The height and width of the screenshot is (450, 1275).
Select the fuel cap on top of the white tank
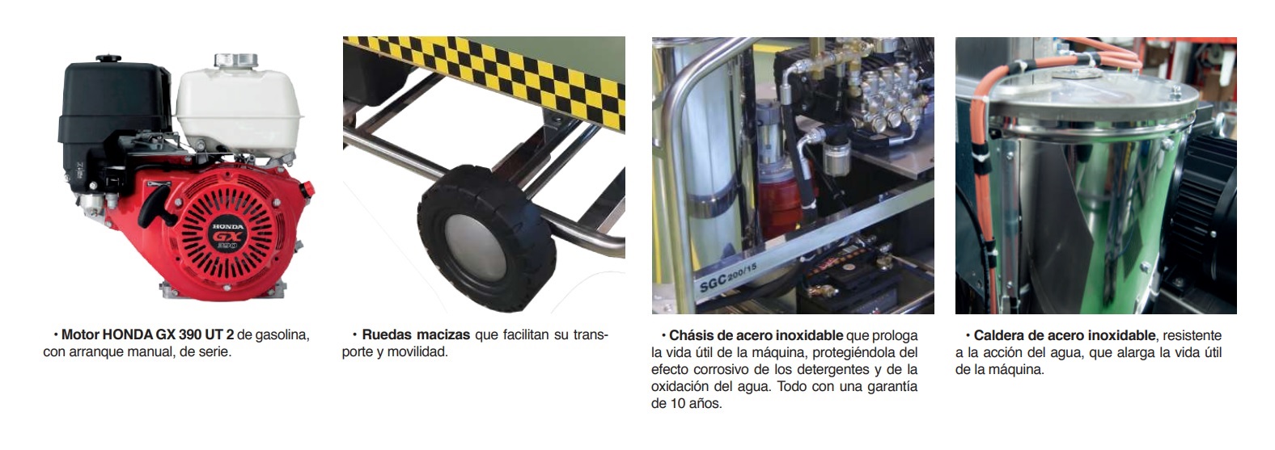(235, 61)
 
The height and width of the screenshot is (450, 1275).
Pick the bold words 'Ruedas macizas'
(416, 334)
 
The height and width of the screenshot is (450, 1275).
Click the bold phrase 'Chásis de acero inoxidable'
(756, 335)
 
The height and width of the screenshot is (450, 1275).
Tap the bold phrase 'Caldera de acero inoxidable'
(1064, 335)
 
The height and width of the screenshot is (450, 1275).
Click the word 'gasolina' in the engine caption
(282, 334)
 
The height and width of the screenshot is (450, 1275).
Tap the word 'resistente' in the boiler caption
(1192, 335)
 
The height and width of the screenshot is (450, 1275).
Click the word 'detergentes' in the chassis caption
(824, 369)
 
